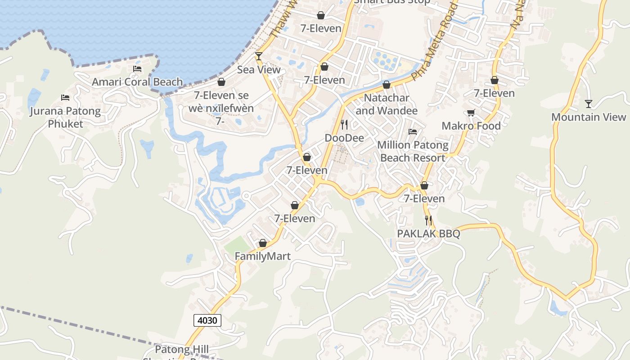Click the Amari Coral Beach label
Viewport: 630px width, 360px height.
coord(137,82)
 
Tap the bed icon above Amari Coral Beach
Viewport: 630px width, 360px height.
coord(137,69)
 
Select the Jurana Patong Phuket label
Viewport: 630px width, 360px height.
coord(65,117)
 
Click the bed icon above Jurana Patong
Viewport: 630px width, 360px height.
coord(65,98)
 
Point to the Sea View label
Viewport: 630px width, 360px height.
coord(259,70)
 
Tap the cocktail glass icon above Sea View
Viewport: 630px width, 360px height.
coord(259,56)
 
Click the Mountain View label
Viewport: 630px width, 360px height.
coord(589,117)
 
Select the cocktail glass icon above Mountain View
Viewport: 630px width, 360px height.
coord(589,104)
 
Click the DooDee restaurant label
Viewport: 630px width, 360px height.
coord(344,138)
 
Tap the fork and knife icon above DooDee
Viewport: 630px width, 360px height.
coord(344,124)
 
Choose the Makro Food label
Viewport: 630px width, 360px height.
coord(471,126)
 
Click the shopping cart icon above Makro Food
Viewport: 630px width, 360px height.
coord(471,113)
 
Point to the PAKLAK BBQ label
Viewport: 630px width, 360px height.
coord(428,234)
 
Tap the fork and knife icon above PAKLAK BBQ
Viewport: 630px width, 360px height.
coord(428,220)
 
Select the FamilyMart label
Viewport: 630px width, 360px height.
coord(263,256)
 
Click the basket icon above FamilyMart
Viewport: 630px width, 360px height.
coord(263,243)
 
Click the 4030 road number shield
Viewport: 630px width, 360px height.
coord(207,320)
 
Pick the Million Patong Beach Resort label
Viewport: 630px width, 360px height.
coord(413,151)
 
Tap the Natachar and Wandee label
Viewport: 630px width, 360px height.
coord(386,104)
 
